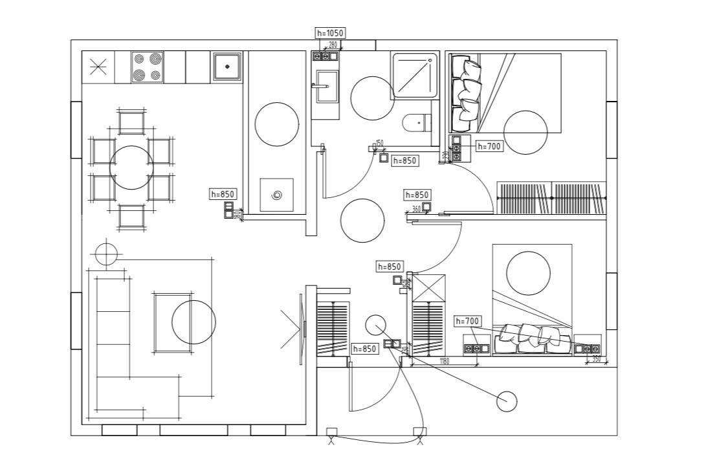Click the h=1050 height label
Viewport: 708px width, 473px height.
pyautogui.click(x=329, y=33)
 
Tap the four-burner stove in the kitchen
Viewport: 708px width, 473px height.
pyautogui.click(x=146, y=67)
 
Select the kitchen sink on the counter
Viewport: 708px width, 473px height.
pyautogui.click(x=227, y=66)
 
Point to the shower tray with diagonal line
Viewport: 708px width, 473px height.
pyautogui.click(x=414, y=76)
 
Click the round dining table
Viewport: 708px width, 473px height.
pyautogui.click(x=132, y=168)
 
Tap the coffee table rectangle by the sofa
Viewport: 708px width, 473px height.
pyautogui.click(x=173, y=322)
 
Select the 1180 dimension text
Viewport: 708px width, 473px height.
pyautogui.click(x=444, y=362)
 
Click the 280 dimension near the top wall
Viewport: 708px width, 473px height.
pyautogui.click(x=333, y=45)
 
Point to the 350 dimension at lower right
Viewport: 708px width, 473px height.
pyautogui.click(x=597, y=359)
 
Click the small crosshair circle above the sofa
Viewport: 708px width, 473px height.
pyautogui.click(x=105, y=253)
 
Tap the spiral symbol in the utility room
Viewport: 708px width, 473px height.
pyautogui.click(x=277, y=195)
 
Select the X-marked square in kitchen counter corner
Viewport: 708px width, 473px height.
pyautogui.click(x=98, y=67)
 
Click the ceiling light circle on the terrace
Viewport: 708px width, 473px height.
pyautogui.click(x=507, y=401)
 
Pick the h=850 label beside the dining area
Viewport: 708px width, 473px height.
pyautogui.click(x=223, y=193)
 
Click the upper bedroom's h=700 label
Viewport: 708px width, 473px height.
pyautogui.click(x=489, y=146)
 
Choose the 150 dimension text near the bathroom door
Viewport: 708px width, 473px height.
pyautogui.click(x=379, y=143)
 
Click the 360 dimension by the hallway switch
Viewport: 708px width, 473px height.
pyautogui.click(x=416, y=209)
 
